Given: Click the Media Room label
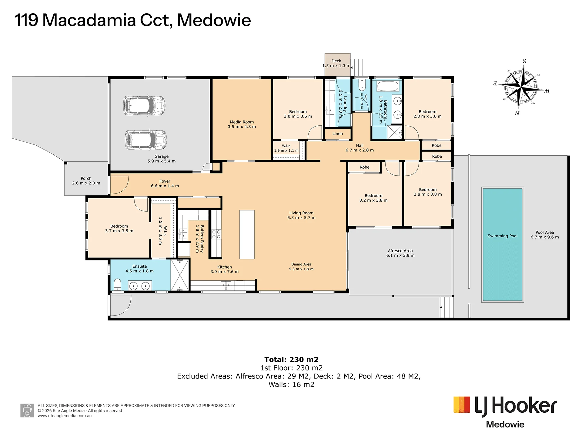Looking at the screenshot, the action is click(x=242, y=122).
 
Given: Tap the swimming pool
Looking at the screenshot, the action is click(x=503, y=245).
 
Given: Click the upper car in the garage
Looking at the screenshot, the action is click(x=144, y=105).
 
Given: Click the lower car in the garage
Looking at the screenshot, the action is click(x=146, y=140).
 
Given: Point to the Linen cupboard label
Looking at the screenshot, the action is click(x=337, y=134).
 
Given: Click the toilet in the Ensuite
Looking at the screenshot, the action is click(x=117, y=285).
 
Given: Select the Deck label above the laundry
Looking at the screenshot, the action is click(x=336, y=61).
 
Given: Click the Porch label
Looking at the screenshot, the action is click(x=86, y=178).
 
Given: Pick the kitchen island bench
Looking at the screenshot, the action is click(x=247, y=235).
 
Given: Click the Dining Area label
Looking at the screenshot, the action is click(x=301, y=264).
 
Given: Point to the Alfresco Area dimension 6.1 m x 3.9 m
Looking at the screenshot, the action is click(x=400, y=256).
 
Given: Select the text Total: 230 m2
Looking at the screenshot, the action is click(x=291, y=359).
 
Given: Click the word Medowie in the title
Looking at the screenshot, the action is click(x=214, y=21).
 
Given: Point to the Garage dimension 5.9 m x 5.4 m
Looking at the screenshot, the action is click(x=162, y=161).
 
